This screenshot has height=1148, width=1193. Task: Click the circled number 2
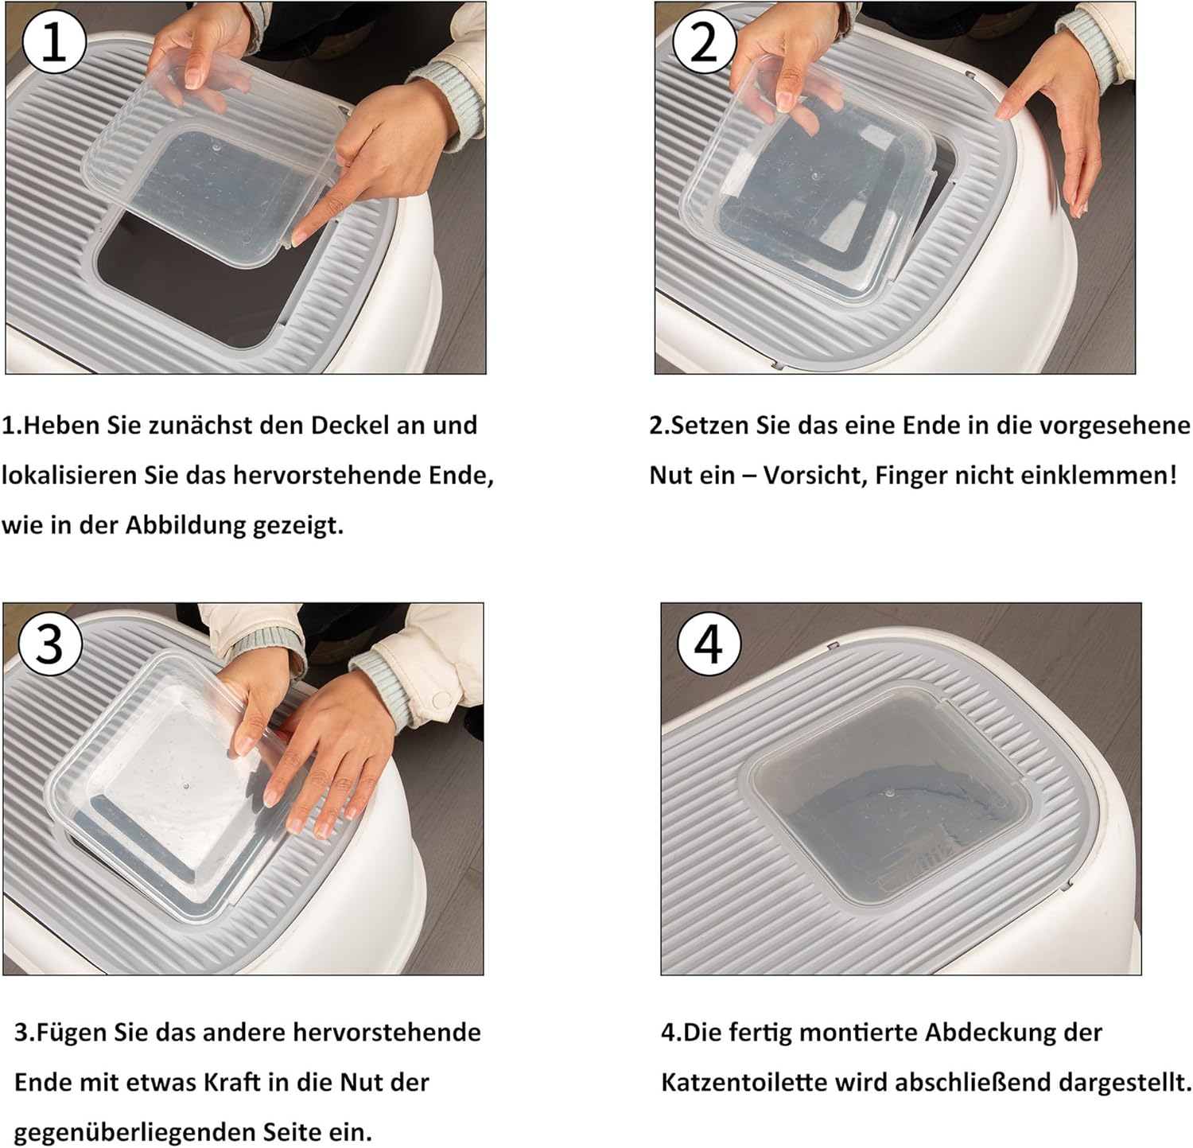[704, 43]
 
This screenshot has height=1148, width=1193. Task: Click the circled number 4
[709, 644]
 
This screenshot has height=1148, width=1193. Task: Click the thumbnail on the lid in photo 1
[194, 78]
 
